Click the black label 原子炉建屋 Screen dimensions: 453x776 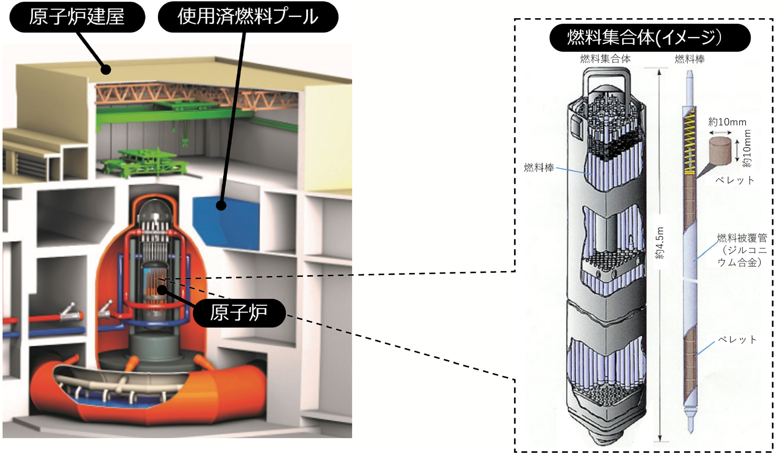77,17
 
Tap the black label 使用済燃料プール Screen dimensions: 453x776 248,17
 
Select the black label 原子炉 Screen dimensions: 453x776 239,313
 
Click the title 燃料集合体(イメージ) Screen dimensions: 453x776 650,37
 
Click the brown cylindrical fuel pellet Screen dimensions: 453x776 720,151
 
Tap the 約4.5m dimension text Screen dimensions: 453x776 659,243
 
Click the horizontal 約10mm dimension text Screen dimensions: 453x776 727,122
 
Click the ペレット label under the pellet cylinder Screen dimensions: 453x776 734,180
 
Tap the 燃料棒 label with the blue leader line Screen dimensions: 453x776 539,168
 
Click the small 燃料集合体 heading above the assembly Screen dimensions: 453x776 605,58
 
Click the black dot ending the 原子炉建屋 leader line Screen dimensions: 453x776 106,70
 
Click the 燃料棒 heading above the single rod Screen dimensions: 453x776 690,59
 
